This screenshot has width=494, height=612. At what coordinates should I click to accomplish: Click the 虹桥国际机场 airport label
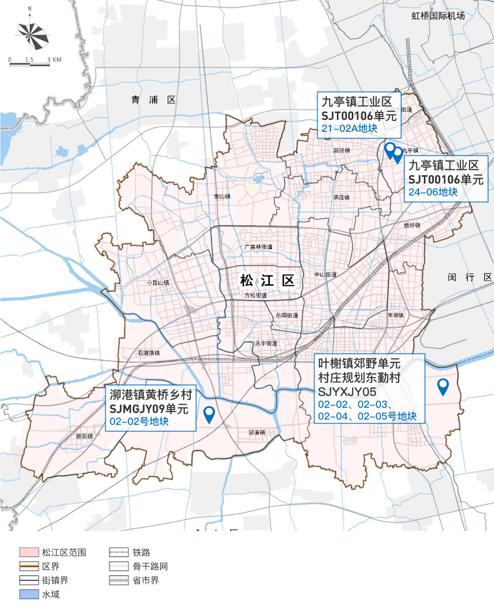[x=438, y=16]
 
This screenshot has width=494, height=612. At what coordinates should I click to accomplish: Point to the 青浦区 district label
[x=154, y=100]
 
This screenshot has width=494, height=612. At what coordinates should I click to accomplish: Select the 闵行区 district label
[x=470, y=277]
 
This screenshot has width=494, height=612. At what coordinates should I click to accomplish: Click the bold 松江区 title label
[x=267, y=281]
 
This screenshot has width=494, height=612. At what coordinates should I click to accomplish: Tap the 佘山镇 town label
[x=222, y=196]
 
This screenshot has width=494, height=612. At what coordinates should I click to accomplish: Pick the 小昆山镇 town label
[x=158, y=283]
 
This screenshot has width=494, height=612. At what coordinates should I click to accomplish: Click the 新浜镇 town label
[x=84, y=436]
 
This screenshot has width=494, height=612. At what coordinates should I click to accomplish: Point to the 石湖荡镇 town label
[x=149, y=353]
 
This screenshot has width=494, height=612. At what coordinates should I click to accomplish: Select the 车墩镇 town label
[x=395, y=315]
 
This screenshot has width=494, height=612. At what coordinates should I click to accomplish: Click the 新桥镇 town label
[x=412, y=226]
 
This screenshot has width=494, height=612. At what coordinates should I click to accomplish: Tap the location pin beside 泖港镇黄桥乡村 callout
[x=209, y=414]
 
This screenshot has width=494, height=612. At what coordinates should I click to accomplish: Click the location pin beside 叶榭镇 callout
[x=443, y=386]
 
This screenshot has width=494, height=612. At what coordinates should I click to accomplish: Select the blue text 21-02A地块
[x=349, y=129]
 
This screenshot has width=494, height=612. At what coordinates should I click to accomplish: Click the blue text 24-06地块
[x=433, y=192]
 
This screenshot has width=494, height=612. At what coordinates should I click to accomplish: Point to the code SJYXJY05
[x=347, y=392]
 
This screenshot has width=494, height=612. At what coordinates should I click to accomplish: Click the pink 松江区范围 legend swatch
[x=29, y=552]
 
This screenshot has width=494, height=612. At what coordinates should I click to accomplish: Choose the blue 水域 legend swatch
[x=29, y=595]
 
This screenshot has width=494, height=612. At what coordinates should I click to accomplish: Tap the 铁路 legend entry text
[x=141, y=552]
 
